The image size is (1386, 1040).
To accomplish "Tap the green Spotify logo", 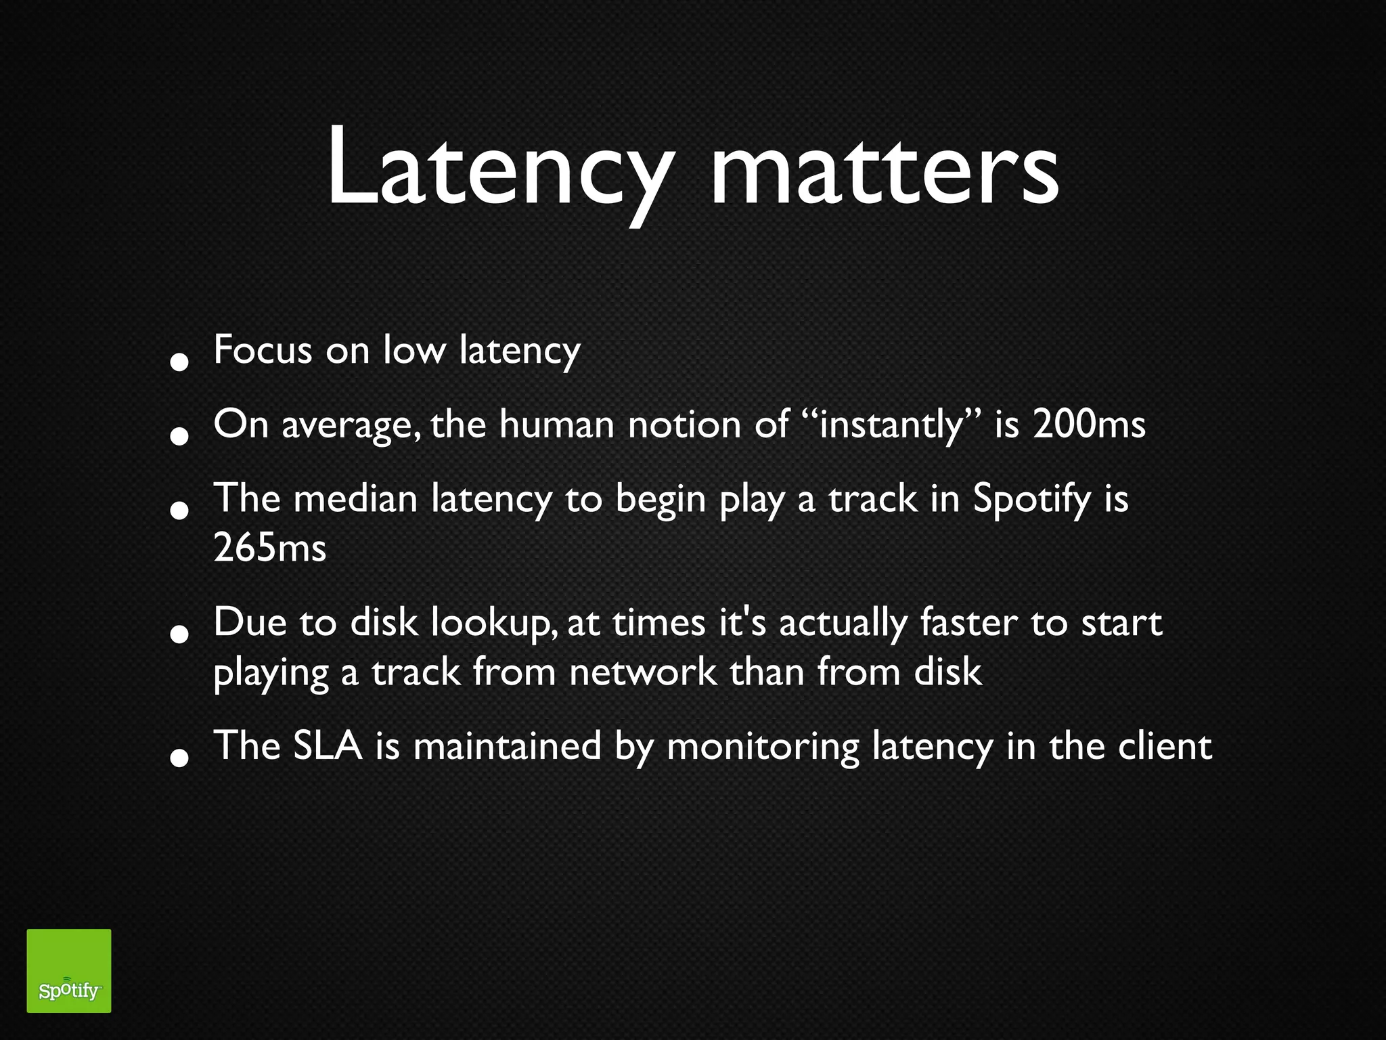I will (68, 970).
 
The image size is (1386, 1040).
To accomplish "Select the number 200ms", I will (1089, 425).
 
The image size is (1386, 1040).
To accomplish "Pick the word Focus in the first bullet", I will (263, 350).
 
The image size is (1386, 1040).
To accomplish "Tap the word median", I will (356, 499).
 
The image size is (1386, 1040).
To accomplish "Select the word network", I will (642, 672).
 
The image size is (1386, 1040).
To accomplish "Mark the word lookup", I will (495, 623).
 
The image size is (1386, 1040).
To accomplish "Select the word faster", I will (968, 622).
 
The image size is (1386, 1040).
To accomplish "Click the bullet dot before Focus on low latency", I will (179, 362).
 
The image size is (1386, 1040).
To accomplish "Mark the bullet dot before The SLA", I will (179, 758).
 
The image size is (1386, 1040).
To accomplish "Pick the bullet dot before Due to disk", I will (179, 634).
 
